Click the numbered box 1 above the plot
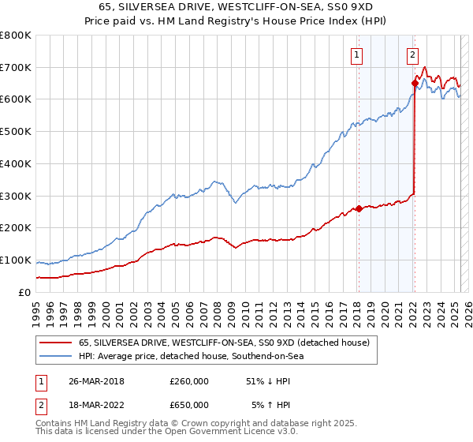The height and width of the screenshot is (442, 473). [x=357, y=54]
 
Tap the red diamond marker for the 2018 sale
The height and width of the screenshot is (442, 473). [x=359, y=208]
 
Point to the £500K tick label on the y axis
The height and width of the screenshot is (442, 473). [x=17, y=131]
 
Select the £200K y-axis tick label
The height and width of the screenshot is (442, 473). [x=17, y=227]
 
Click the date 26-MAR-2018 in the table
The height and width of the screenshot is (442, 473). [x=90, y=381]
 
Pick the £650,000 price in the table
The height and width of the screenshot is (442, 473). [x=189, y=405]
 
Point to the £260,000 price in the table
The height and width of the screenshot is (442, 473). [x=189, y=381]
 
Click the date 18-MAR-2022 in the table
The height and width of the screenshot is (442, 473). [x=90, y=405]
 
